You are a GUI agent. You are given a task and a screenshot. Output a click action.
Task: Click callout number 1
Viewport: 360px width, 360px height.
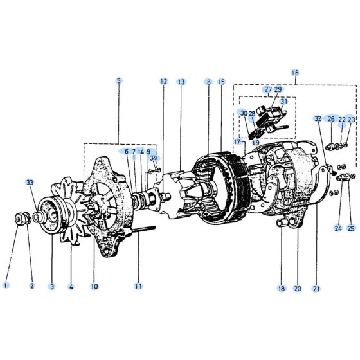coord(6,285)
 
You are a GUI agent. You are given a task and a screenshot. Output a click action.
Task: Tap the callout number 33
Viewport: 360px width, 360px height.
coord(30,183)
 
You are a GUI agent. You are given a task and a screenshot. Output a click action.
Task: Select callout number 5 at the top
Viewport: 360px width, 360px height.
coord(119,81)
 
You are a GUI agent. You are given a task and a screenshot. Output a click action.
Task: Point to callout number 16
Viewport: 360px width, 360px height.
coord(295,73)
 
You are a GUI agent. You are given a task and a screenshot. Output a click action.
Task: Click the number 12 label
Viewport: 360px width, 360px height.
coord(164,82)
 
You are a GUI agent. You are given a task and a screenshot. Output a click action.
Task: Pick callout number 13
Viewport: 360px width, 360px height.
coord(181,82)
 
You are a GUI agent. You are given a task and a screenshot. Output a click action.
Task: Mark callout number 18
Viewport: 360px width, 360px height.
coord(281,289)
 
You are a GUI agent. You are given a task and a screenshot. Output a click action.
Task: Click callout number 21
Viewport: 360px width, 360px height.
coord(316,289)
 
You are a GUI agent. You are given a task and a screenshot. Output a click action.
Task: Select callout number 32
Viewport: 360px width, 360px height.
coord(318,119)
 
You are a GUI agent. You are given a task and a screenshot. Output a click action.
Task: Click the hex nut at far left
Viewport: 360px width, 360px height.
coord(21,219)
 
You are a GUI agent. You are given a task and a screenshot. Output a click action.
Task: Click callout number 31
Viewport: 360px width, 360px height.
coord(283,101)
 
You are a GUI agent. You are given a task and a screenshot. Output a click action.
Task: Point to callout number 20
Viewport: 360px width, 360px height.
coord(298,289)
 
